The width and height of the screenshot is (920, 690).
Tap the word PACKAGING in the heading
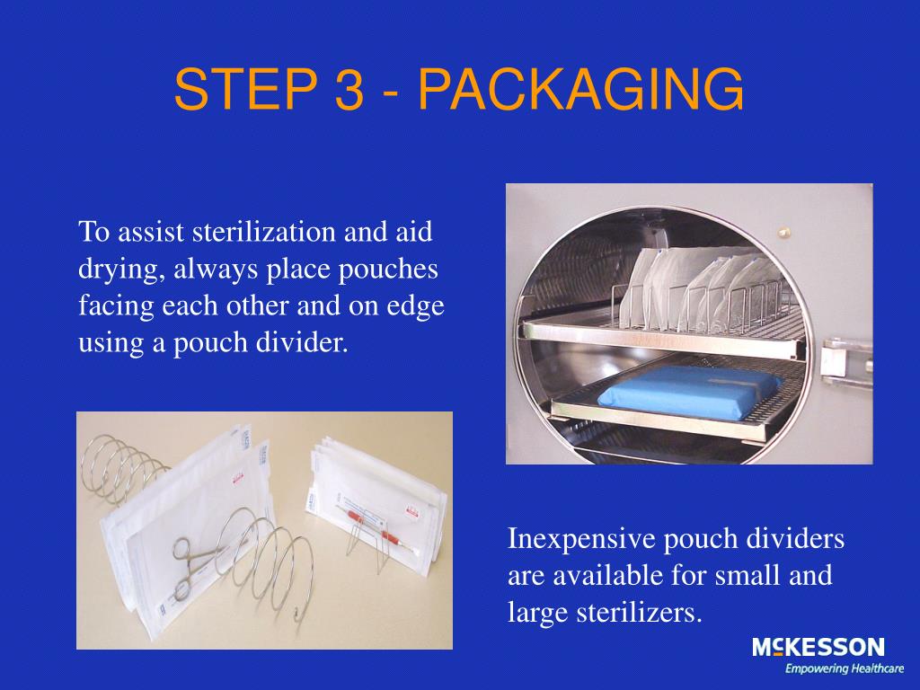[x=581, y=90]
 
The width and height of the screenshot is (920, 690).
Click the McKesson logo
[x=818, y=648]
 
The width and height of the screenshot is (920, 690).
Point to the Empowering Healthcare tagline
[x=831, y=669]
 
